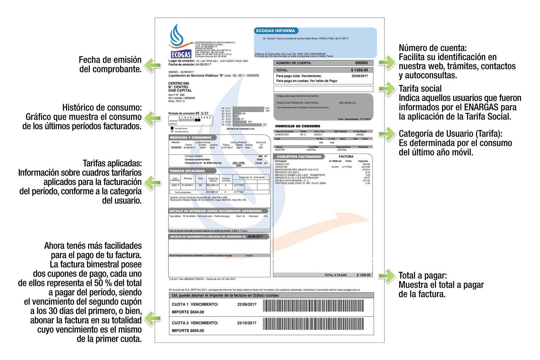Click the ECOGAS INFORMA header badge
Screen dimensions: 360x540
275,31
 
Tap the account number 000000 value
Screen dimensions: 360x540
361,63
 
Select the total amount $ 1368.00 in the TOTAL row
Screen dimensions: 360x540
359,70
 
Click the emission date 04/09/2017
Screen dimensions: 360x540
203,65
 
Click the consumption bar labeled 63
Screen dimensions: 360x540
234,116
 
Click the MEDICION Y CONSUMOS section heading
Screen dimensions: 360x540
190,138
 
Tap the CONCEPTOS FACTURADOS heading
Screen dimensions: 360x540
299,157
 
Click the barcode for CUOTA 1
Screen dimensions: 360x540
313,306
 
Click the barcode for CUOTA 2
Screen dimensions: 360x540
313,324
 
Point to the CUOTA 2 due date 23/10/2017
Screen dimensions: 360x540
247,323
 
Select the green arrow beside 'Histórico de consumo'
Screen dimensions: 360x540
152,118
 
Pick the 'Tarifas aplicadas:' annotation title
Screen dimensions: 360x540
112,163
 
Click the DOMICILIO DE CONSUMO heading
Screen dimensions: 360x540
297,126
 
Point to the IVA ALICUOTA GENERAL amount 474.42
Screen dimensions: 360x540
366,181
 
